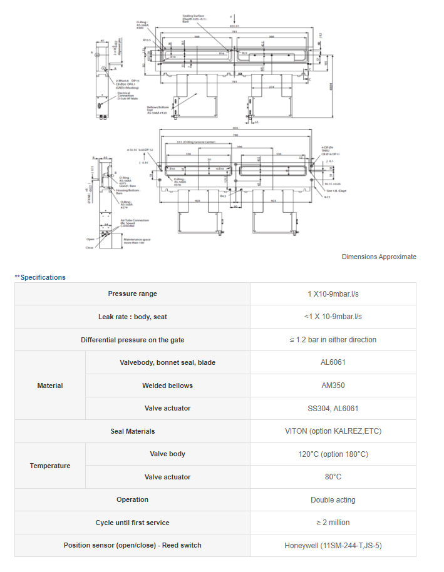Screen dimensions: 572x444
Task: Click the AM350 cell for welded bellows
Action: pos(333,386)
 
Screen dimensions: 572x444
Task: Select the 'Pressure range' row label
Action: pos(132,294)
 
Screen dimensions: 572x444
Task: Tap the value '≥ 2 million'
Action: pos(333,523)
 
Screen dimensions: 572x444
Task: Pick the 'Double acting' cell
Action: pos(333,500)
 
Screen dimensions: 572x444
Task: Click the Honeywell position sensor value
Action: pos(333,546)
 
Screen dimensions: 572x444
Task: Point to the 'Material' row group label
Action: pos(50,386)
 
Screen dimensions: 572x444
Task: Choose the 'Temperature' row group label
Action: pos(50,466)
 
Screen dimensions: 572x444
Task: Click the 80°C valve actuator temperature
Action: pos(333,477)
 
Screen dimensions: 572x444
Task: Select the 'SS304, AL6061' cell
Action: pos(333,409)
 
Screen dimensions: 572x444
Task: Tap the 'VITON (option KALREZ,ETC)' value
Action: pos(333,431)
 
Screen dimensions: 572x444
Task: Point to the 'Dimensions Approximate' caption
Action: pos(379,257)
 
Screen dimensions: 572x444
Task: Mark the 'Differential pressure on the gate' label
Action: pos(132,340)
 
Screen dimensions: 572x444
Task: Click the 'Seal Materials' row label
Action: pos(132,431)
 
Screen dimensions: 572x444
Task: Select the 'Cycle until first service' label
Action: pos(132,523)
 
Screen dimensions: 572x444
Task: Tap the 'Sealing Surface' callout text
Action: pos(195,18)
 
